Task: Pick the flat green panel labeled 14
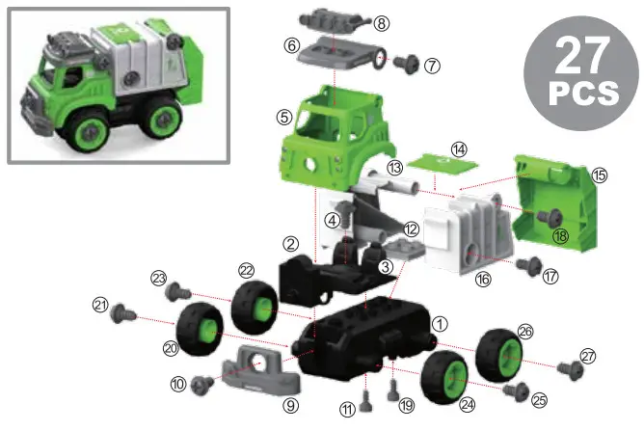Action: [434, 167]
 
